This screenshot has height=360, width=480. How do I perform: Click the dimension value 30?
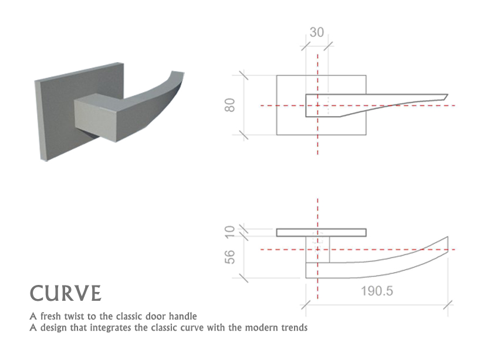pos(316,32)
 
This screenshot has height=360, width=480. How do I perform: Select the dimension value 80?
pos(230,105)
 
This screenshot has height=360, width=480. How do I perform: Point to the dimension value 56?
pos(230,256)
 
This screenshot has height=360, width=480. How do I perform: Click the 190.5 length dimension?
pos(376,291)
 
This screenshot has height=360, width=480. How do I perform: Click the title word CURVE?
pos(66,293)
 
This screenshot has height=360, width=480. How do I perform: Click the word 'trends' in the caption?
pos(293,327)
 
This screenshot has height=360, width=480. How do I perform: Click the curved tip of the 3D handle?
pos(174,78)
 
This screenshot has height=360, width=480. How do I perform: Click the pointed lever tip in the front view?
pos(445,96)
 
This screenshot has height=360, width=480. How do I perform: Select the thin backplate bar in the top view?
pos(321,232)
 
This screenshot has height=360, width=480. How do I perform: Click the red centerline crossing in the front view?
pos(317,106)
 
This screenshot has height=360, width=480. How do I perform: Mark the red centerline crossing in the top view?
pos(317,249)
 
